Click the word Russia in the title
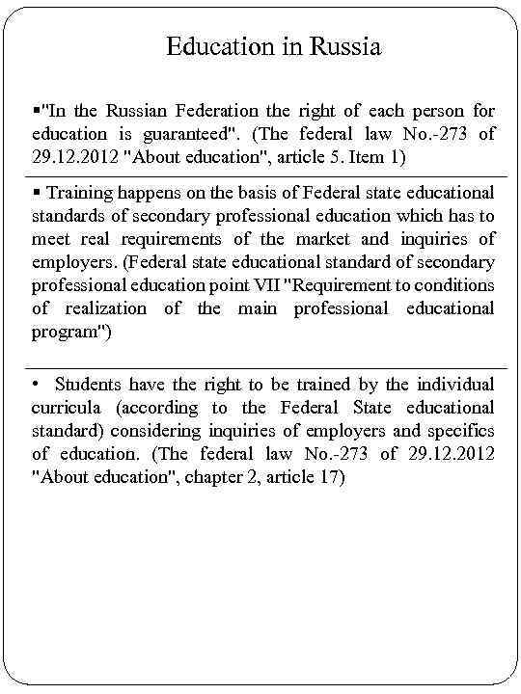point(343,46)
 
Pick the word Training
point(84,193)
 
